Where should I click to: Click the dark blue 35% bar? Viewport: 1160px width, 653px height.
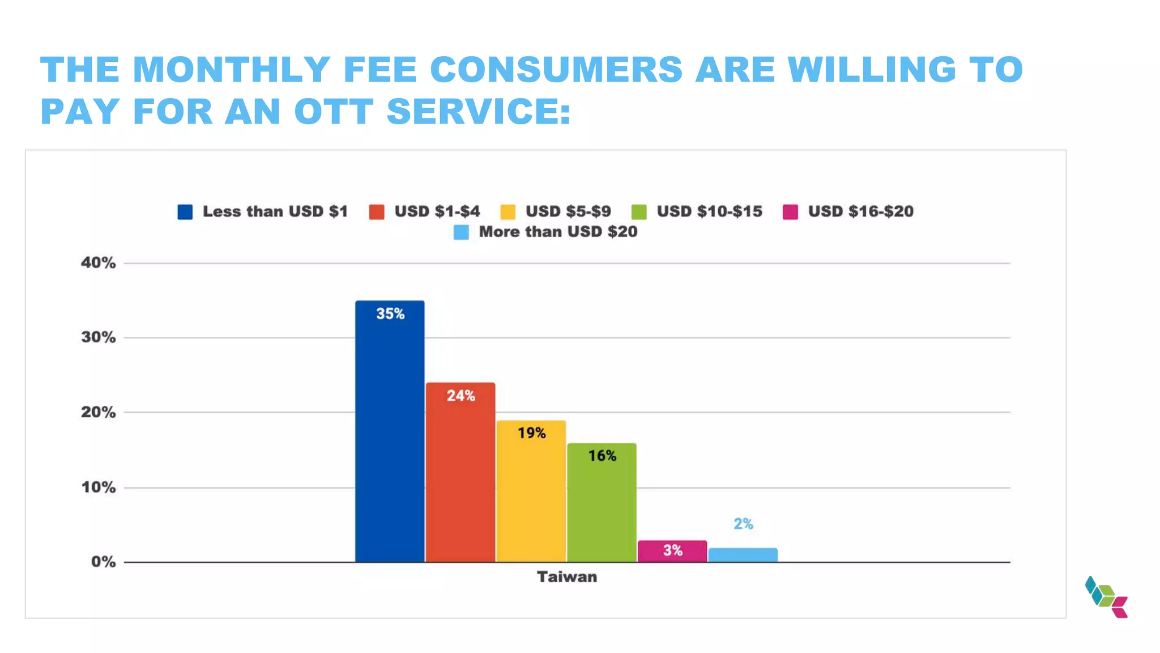click(x=390, y=431)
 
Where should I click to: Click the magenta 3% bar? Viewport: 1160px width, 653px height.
click(x=672, y=551)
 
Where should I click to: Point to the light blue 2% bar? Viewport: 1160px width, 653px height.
click(x=743, y=555)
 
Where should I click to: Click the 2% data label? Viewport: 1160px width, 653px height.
click(x=743, y=524)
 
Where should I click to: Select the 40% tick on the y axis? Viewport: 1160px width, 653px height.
click(x=98, y=263)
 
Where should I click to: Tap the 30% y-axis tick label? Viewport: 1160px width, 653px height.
click(x=98, y=338)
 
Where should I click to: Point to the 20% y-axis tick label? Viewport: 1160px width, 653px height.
click(x=98, y=413)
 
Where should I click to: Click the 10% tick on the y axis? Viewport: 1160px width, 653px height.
click(x=98, y=487)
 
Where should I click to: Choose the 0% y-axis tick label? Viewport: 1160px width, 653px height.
click(x=103, y=562)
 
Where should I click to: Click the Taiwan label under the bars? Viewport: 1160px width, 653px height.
click(x=567, y=577)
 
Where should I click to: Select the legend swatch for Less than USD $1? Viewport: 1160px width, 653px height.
click(x=185, y=212)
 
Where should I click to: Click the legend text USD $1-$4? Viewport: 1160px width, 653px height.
click(x=437, y=211)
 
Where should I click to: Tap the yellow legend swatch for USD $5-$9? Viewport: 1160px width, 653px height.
click(x=508, y=212)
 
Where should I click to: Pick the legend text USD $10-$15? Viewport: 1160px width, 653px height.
click(x=710, y=211)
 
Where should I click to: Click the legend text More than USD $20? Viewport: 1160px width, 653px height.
click(x=558, y=232)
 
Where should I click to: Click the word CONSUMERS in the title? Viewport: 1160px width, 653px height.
click(x=556, y=70)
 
